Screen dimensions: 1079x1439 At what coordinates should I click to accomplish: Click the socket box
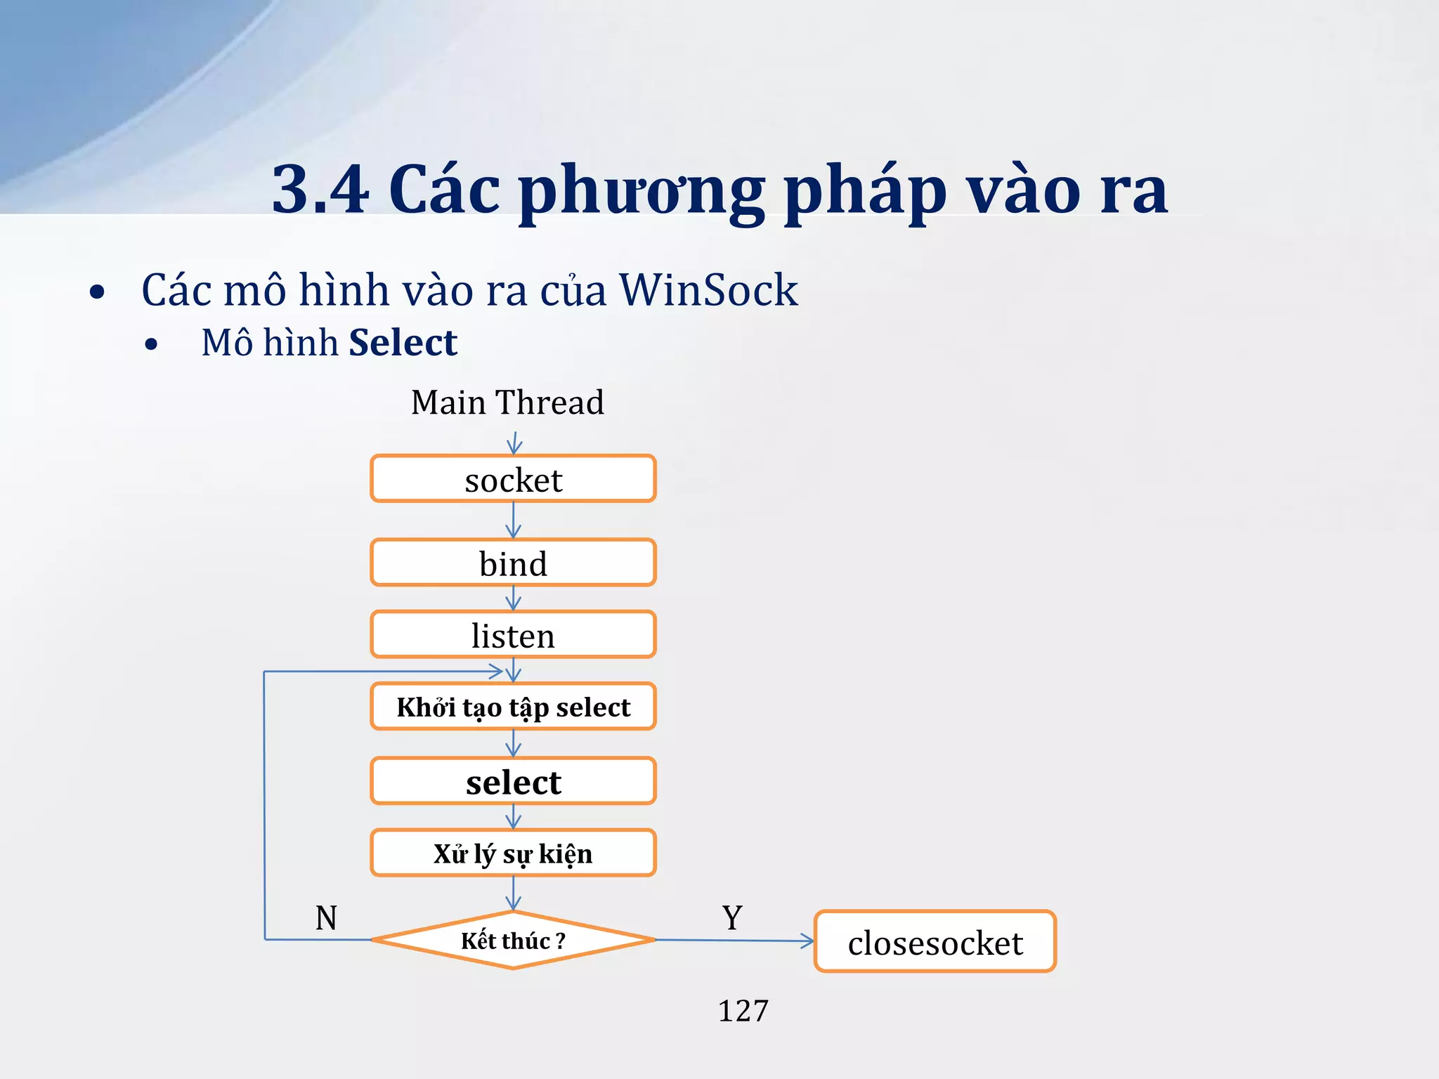point(513,479)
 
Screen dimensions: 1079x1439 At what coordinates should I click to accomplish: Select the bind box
point(513,563)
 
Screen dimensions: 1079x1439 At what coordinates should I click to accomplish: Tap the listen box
point(513,635)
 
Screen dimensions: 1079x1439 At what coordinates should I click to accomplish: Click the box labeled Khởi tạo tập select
point(513,707)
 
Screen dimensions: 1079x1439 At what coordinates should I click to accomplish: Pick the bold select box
point(513,781)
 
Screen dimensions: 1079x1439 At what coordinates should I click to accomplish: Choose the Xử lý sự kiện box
point(513,854)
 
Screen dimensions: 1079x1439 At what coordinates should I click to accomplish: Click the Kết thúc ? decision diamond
point(513,940)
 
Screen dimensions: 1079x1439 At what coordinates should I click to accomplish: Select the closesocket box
point(935,942)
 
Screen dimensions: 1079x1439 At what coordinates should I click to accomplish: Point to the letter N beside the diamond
point(326,917)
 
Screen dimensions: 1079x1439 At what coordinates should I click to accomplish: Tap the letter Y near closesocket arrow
point(732,917)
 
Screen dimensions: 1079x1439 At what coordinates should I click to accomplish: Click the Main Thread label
point(507,403)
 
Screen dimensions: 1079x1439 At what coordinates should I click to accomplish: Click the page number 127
point(743,1011)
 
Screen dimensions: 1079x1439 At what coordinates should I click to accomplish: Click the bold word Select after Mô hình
point(403,343)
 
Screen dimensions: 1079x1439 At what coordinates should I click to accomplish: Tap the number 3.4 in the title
point(320,188)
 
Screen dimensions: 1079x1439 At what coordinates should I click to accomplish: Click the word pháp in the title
point(864,191)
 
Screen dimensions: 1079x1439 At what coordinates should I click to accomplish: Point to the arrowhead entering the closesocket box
point(808,941)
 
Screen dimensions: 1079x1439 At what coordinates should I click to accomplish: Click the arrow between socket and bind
point(514,521)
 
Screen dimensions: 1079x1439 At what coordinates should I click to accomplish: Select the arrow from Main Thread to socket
point(514,443)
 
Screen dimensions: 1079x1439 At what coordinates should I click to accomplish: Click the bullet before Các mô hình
point(97,292)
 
